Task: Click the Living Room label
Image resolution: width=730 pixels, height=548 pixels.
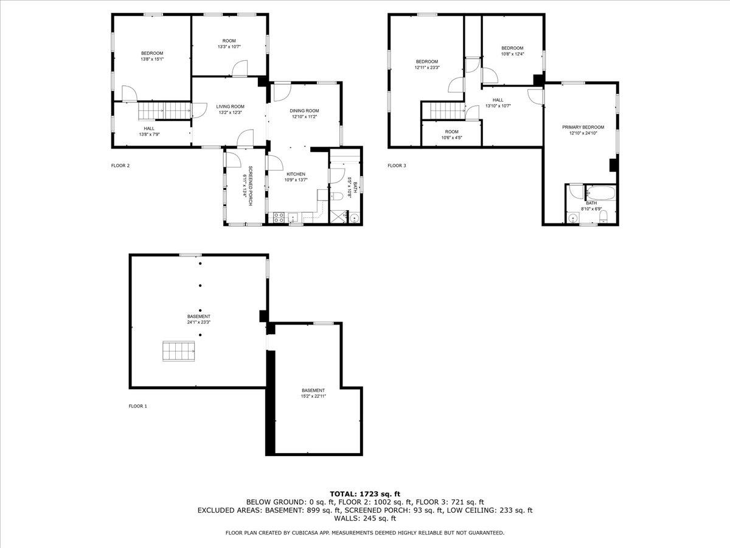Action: coord(230,107)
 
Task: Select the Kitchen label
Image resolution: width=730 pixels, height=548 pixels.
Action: coord(296,174)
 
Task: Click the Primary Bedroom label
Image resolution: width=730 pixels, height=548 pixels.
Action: coord(583,127)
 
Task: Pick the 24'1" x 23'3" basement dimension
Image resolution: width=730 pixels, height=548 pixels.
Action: coord(199,322)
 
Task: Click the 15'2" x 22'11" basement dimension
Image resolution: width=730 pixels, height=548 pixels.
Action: coord(313,396)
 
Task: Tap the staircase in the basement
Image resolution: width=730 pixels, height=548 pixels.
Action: coord(178,351)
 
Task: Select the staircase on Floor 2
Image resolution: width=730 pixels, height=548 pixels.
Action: coord(164,111)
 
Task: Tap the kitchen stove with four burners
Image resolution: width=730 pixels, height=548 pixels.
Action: coord(279,216)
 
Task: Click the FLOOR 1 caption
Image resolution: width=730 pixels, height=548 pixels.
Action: coord(137,406)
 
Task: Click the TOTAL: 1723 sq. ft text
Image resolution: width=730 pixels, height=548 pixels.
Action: coord(365,494)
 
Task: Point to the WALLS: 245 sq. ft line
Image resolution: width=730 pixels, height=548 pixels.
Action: coord(365,519)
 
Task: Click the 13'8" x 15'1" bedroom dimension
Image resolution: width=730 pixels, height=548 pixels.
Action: coord(152,59)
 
